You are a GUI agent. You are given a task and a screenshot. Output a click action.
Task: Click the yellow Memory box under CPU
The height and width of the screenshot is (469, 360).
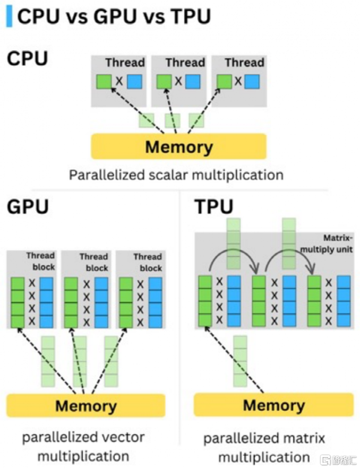click(x=178, y=146)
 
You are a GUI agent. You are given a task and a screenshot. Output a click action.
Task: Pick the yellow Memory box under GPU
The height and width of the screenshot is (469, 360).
click(x=85, y=406)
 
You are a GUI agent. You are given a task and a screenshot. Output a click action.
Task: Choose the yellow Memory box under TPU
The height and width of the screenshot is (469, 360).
click(x=273, y=406)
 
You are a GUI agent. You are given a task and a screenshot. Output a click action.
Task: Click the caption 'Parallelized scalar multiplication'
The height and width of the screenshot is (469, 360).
click(x=176, y=175)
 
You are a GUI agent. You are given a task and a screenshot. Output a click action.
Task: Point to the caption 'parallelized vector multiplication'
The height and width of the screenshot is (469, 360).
click(x=83, y=446)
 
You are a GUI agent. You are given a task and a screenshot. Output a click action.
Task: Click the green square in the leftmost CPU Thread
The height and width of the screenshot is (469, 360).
click(x=104, y=81)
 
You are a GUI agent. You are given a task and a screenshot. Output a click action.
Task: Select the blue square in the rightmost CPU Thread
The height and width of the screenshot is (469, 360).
click(x=252, y=81)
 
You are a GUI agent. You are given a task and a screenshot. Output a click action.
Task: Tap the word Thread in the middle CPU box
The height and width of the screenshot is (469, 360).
click(x=185, y=63)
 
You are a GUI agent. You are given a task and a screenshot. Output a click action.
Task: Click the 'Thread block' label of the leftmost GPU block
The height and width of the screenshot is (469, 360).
click(x=40, y=262)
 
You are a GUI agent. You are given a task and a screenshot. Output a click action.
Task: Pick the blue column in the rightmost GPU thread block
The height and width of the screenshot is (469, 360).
click(x=156, y=302)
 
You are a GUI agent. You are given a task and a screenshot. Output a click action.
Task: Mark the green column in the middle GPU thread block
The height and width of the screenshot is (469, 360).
click(x=71, y=302)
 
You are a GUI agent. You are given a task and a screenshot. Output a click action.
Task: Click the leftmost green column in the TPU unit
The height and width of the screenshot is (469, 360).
click(x=205, y=301)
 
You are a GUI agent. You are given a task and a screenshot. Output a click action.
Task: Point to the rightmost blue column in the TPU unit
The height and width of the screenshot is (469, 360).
click(x=344, y=301)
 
